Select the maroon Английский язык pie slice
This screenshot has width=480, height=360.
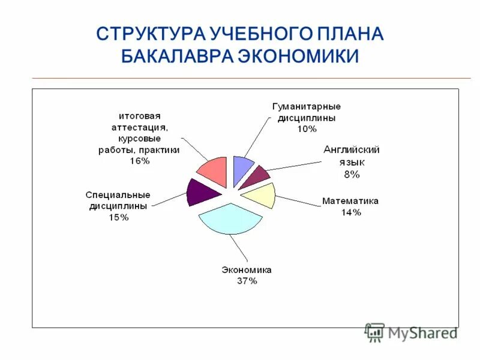(x=259, y=177)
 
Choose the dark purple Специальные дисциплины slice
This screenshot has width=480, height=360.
(x=197, y=192)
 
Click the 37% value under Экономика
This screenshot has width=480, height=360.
(x=247, y=281)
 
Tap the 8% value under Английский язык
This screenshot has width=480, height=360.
(x=351, y=174)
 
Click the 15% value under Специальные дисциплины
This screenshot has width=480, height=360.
(x=118, y=217)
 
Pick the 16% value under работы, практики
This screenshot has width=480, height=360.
(x=139, y=161)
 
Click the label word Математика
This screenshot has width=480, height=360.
(x=350, y=201)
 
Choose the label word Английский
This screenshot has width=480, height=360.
(x=351, y=150)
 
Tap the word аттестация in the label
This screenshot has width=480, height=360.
(x=139, y=127)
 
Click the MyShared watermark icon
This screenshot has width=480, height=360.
(x=374, y=332)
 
